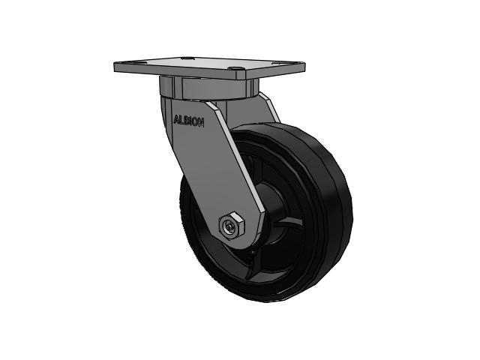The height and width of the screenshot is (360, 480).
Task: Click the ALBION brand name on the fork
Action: point(188,121)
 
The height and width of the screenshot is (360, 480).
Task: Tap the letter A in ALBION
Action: point(176,119)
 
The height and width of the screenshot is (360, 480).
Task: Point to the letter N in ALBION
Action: point(200,122)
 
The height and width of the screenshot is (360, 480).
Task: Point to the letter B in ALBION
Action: point(185,121)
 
